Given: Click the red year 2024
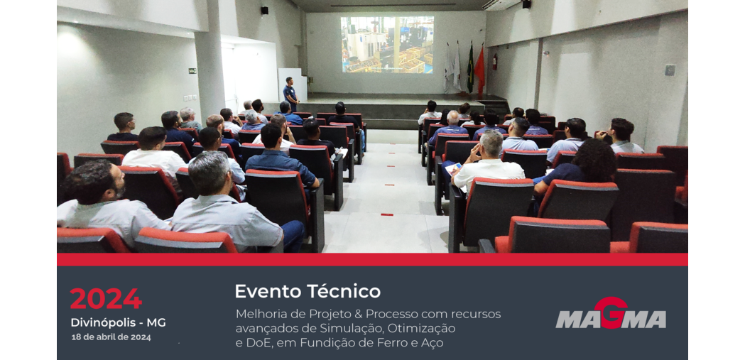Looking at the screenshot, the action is pyautogui.click(x=106, y=299).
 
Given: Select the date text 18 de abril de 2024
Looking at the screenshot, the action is pyautogui.click(x=112, y=338).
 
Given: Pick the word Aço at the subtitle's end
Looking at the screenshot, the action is pyautogui.click(x=433, y=343).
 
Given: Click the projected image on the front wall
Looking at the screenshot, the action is pyautogui.click(x=387, y=45).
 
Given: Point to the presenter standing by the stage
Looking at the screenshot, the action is pyautogui.click(x=290, y=94).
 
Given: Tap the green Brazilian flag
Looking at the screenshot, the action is pyautogui.click(x=470, y=69).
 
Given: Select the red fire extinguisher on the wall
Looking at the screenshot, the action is pyautogui.click(x=494, y=61).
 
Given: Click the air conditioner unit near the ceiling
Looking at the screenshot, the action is pyautogui.click(x=501, y=4).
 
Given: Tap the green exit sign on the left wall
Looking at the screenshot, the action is pyautogui.click(x=192, y=71).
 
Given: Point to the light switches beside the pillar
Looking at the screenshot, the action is pyautogui.click(x=190, y=98).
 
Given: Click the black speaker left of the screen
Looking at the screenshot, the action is pyautogui.click(x=264, y=11).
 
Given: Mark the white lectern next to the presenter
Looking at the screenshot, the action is pyautogui.click(x=293, y=85).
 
